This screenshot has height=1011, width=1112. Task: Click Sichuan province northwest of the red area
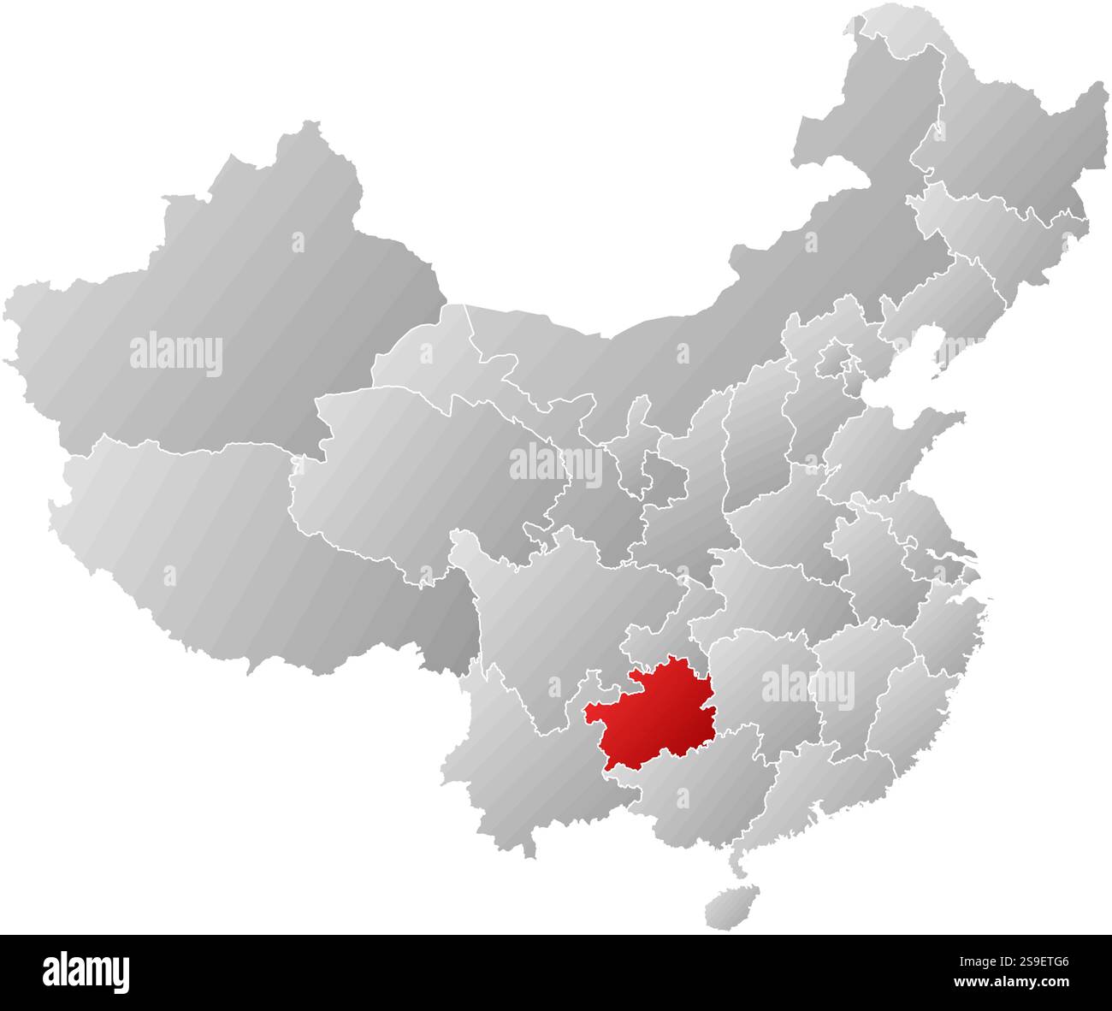[x=547, y=616]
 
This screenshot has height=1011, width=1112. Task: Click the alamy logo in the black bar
[x=86, y=972]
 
